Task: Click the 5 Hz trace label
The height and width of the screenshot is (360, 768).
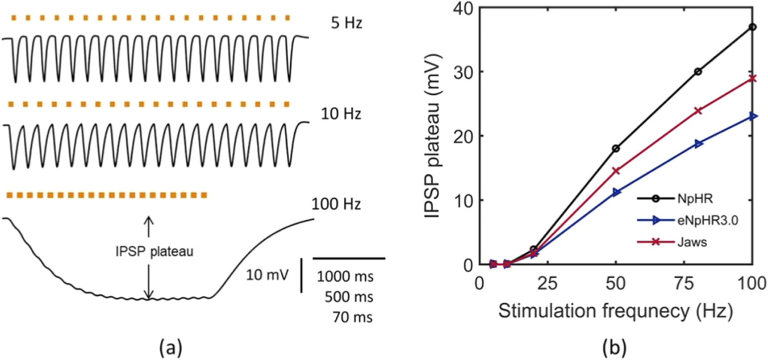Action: [346, 23]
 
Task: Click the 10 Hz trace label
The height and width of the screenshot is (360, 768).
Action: [341, 114]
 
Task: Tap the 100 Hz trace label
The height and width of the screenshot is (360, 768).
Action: [336, 204]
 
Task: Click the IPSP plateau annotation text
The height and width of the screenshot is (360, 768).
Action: [154, 251]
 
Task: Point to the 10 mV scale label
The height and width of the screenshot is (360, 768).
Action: [267, 275]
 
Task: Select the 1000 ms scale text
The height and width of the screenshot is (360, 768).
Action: [345, 276]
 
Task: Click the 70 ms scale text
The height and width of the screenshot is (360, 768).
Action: [352, 317]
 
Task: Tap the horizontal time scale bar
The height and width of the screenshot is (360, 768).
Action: [349, 258]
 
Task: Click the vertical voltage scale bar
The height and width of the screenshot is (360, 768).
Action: [301, 275]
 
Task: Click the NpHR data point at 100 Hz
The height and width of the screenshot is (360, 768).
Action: [753, 27]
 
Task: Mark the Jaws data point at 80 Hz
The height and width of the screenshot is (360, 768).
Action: [698, 111]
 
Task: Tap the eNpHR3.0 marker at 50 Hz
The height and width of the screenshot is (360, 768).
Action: [617, 192]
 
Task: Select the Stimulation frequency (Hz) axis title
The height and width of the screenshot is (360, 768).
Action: [615, 310]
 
